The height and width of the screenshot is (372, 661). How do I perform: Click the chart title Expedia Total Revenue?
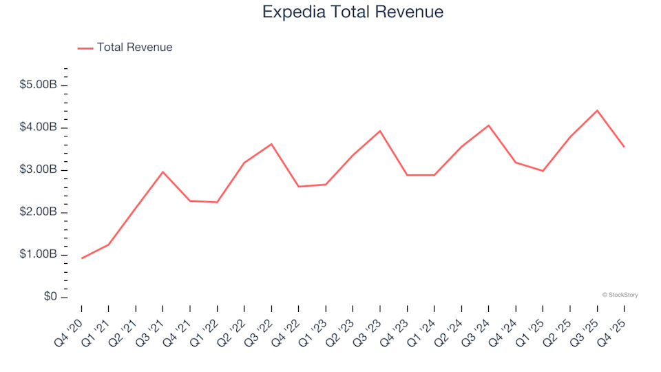click(x=353, y=12)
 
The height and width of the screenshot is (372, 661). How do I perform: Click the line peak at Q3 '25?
click(x=597, y=110)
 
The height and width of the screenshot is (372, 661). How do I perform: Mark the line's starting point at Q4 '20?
click(x=82, y=258)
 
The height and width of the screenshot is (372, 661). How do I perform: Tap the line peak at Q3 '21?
click(x=163, y=172)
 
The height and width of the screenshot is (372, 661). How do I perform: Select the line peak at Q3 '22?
click(x=271, y=144)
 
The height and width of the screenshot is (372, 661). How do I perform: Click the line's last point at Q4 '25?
click(x=624, y=147)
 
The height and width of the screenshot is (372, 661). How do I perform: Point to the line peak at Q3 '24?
click(x=488, y=125)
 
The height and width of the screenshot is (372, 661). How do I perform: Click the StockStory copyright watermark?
click(x=620, y=295)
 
